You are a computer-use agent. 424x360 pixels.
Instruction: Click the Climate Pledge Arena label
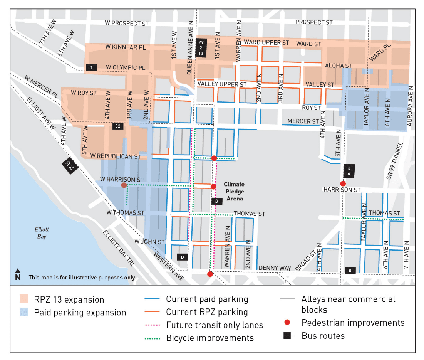pos(234,191)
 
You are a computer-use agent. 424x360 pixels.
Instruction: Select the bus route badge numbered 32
pos(118,126)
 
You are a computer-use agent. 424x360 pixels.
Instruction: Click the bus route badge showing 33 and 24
pos(70,165)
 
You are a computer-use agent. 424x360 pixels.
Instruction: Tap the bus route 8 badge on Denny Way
pos(350,270)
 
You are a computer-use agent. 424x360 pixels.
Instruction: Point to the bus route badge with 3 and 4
pos(349,171)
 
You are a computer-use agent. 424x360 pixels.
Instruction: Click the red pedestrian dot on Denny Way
pos(210,274)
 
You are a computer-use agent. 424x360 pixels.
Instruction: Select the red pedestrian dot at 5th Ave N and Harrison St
pos(343,183)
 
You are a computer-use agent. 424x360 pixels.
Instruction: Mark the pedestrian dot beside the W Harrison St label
pos(124,185)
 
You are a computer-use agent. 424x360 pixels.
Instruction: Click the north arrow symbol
pos(18,274)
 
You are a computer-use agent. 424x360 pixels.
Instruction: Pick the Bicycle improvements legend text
pos(210,338)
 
